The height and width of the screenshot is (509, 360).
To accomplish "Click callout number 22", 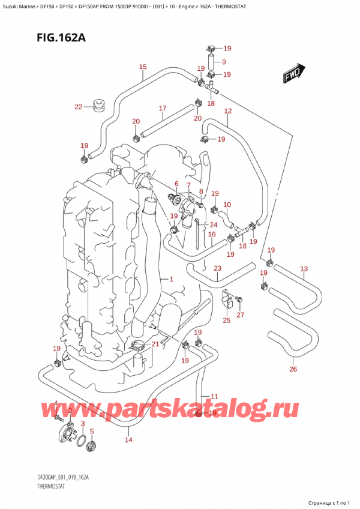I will [78, 107].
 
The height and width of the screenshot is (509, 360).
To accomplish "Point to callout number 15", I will [142, 67].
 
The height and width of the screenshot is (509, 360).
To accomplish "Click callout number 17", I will [162, 108].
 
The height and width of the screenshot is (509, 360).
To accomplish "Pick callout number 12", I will [228, 111].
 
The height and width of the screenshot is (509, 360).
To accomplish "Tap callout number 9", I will [223, 62].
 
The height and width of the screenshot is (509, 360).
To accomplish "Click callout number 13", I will [304, 268].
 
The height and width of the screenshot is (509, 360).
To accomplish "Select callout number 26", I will [293, 369].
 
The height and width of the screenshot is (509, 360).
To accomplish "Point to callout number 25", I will [226, 321].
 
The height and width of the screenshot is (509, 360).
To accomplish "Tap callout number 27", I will [241, 315].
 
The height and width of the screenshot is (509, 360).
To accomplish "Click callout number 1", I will [171, 279].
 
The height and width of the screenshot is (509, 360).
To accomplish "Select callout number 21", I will [156, 343].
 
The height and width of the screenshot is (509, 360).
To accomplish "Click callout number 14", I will [128, 441].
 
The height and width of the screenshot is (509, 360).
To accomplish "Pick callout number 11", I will [214, 396].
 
